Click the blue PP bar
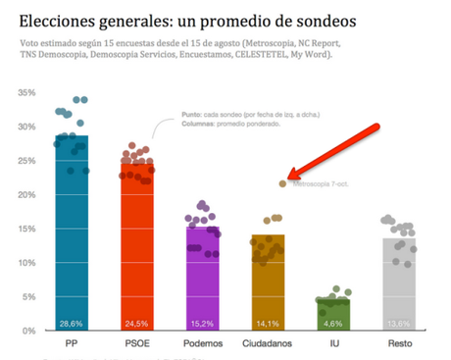72,245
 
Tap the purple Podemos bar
203,280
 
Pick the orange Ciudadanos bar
267,284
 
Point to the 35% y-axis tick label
26,93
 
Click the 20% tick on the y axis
26,195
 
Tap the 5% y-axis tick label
29,297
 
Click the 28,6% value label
72,323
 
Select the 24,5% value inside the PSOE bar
136,323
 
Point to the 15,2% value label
203,323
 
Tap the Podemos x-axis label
203,344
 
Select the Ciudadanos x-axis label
267,344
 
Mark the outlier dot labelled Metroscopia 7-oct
282,183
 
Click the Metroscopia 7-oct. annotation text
319,183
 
